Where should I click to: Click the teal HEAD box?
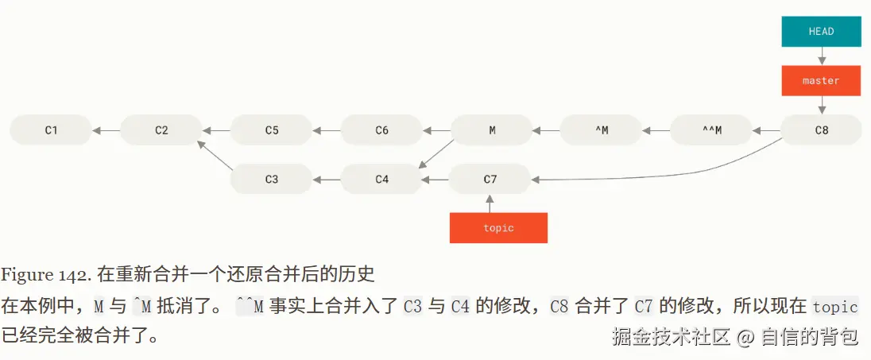click(821, 32)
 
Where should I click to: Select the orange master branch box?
click(821, 80)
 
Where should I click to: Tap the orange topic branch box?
click(498, 227)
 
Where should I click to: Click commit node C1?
click(51, 130)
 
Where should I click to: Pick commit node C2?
click(161, 130)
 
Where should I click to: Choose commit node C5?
click(272, 130)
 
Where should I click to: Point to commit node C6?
click(381, 130)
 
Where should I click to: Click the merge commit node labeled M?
click(492, 130)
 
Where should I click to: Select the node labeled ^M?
click(602, 130)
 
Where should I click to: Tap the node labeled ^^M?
click(712, 130)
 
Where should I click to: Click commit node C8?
click(821, 130)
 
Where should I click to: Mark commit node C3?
click(272, 179)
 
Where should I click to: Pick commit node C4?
click(381, 179)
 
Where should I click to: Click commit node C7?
click(490, 179)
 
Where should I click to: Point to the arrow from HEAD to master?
click(821, 56)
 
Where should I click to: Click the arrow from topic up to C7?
click(490, 203)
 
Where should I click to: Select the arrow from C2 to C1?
click(106, 130)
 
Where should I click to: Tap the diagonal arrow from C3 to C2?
click(215, 155)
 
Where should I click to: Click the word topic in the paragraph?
click(834, 307)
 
